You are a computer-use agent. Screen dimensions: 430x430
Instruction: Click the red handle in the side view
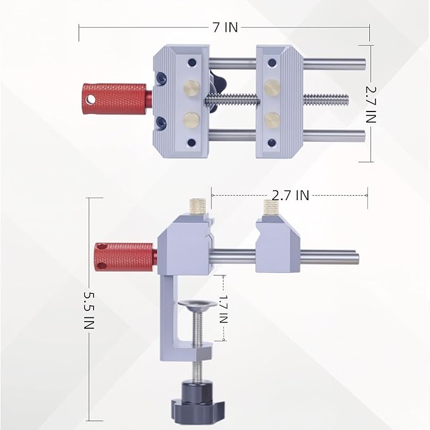click(x=124, y=255)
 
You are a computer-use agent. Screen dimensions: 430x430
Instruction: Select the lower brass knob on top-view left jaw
click(x=191, y=118)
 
